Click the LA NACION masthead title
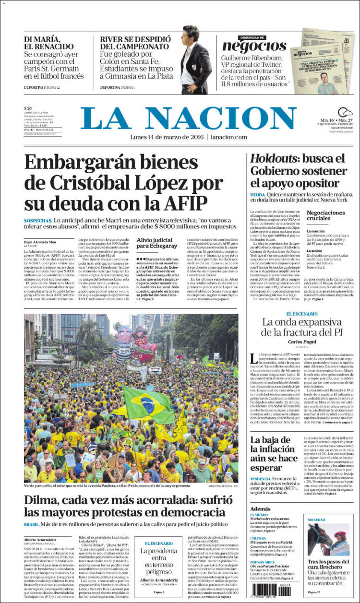(188, 118)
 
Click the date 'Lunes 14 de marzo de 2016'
(166, 137)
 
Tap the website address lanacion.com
(228, 137)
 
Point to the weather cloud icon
(345, 112)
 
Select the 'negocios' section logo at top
(254, 46)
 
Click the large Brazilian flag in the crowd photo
(148, 404)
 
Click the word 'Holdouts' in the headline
(271, 159)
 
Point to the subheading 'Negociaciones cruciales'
(325, 215)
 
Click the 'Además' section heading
(260, 508)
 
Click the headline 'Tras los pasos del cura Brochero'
(328, 565)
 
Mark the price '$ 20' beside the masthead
(28, 108)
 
